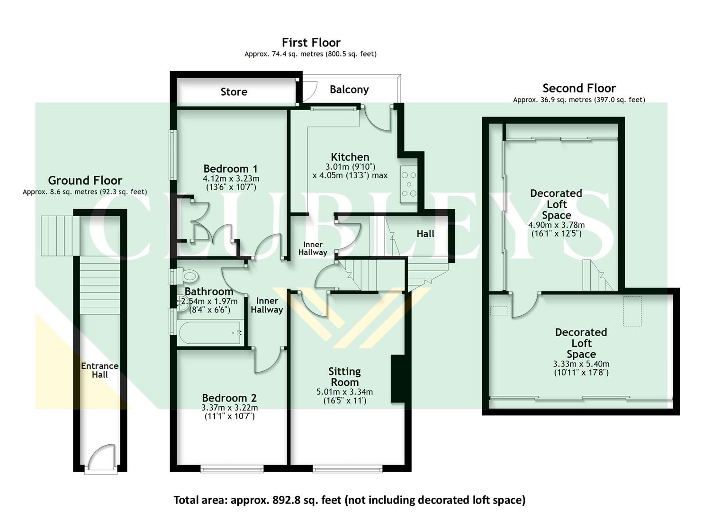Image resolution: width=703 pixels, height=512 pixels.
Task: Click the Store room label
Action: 234,92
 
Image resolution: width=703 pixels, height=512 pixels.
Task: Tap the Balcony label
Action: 349,90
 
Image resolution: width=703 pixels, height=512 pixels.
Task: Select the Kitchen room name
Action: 350,157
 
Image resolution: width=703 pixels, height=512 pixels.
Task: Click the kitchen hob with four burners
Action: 408,184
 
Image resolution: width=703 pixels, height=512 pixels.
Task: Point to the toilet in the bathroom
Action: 188,275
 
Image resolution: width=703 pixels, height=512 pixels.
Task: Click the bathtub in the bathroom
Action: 210,333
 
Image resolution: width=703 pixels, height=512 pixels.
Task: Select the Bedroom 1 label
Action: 230,169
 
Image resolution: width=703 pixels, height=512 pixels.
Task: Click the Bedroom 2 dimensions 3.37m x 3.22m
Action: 230,408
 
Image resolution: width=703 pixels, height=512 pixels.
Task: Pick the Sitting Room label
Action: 344,377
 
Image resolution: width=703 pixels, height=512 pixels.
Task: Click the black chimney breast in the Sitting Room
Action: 397,379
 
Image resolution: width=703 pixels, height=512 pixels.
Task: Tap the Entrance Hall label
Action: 99,370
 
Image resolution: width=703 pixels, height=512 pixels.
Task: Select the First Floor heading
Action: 311,43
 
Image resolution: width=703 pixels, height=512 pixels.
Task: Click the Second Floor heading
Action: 579,88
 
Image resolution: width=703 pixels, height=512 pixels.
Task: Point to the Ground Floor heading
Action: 85,181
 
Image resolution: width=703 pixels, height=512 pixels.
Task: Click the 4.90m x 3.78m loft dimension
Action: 556,225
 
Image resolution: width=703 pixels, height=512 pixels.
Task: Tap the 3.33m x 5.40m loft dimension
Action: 581,364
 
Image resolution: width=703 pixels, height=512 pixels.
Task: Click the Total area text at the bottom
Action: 349,500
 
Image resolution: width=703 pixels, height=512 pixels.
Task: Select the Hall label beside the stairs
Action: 425,234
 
